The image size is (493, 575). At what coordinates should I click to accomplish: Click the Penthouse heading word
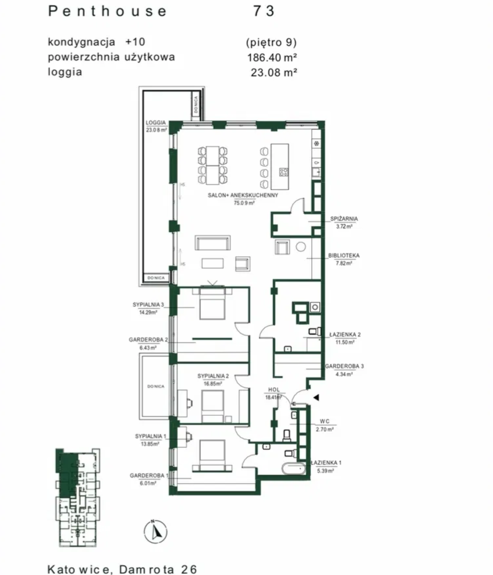click(x=107, y=12)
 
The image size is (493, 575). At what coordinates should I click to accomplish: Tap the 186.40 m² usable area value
click(x=272, y=58)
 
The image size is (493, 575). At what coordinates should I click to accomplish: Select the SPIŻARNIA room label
click(x=344, y=219)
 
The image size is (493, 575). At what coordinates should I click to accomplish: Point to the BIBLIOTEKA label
click(x=344, y=255)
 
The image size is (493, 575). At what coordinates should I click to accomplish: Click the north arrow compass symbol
click(x=156, y=532)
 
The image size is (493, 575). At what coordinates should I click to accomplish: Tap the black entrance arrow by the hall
click(x=316, y=397)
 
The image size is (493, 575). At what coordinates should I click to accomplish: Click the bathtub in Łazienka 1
click(x=294, y=469)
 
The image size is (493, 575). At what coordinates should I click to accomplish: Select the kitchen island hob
click(x=284, y=172)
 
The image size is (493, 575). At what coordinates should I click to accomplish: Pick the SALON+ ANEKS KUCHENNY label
click(x=243, y=195)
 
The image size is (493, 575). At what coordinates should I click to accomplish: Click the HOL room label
click(x=274, y=390)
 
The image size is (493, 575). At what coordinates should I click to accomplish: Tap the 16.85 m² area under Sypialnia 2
click(x=213, y=384)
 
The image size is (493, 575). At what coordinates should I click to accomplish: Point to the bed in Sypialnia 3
click(x=212, y=304)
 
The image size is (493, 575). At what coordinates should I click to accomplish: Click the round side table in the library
click(x=300, y=247)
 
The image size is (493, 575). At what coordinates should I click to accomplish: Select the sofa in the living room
click(x=213, y=243)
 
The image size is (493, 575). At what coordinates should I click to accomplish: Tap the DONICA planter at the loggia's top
click(x=196, y=104)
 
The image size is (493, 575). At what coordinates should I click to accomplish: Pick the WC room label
click(x=324, y=421)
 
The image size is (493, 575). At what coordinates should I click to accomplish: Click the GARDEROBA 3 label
click(x=344, y=366)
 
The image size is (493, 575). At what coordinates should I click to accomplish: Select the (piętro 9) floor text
click(x=272, y=42)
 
